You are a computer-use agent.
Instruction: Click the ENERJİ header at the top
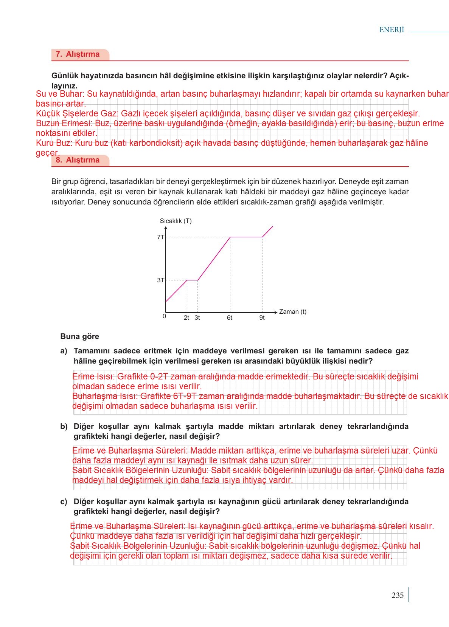pyautogui.click(x=392, y=30)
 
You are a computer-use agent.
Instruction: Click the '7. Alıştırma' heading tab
pyautogui.click(x=78, y=54)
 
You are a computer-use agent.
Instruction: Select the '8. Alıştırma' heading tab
pyautogui.click(x=78, y=160)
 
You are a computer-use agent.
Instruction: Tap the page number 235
pyautogui.click(x=398, y=595)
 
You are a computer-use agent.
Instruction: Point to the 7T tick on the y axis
pyautogui.click(x=161, y=237)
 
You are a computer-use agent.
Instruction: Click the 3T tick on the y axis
pyautogui.click(x=161, y=280)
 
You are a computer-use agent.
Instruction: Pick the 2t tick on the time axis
pyautogui.click(x=186, y=318)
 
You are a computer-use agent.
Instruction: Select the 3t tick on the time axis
pyautogui.click(x=197, y=318)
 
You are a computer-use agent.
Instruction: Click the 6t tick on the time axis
pyautogui.click(x=230, y=318)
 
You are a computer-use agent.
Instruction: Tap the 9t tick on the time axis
pyautogui.click(x=262, y=318)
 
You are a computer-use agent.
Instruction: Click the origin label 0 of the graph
pyautogui.click(x=164, y=316)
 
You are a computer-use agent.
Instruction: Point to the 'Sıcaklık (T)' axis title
pyautogui.click(x=176, y=221)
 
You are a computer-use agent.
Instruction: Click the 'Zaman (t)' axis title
pyautogui.click(x=293, y=312)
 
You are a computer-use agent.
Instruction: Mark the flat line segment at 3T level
pyautogui.click(x=193, y=280)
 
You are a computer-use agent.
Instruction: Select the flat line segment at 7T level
pyautogui.click(x=246, y=237)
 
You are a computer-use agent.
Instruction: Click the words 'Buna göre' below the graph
pyautogui.click(x=80, y=336)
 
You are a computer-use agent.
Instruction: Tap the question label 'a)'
pyautogui.click(x=64, y=351)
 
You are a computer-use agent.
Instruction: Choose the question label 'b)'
pyautogui.click(x=64, y=426)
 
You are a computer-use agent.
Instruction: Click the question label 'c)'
pyautogui.click(x=64, y=502)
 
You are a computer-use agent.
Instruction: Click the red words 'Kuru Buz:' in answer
pyautogui.click(x=54, y=143)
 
